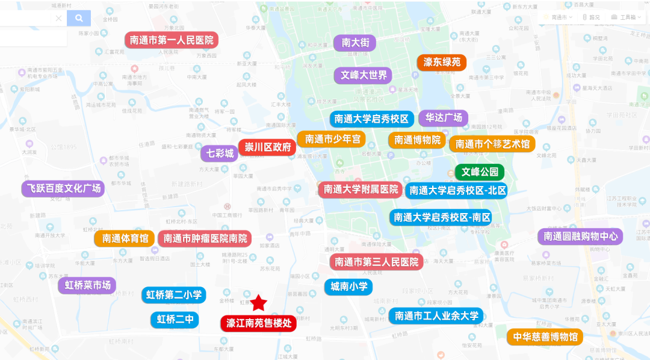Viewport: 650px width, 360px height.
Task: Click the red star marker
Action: tap(259, 302)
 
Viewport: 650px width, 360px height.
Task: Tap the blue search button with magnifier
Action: tap(79, 19)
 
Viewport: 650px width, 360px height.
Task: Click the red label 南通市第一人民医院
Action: tap(172, 40)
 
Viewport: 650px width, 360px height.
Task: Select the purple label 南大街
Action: tap(354, 43)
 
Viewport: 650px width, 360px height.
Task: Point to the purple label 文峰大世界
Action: tap(364, 75)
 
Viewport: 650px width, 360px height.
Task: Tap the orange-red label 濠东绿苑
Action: tap(442, 63)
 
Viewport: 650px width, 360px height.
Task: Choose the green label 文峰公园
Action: tap(480, 172)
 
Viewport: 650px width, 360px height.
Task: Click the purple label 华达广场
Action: tap(444, 118)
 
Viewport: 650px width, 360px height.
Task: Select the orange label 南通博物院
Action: tap(418, 140)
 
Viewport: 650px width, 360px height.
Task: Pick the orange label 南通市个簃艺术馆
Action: tap(492, 144)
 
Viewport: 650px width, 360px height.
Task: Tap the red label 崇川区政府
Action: tap(265, 147)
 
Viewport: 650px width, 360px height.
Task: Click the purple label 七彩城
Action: tap(220, 154)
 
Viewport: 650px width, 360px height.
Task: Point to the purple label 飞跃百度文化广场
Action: tap(63, 188)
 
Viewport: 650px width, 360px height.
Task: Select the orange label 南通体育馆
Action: tap(125, 238)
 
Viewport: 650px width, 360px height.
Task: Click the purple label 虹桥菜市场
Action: tap(87, 285)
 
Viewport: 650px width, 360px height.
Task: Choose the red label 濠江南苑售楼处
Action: tap(258, 323)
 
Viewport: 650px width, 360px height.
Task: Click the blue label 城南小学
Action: tap(348, 287)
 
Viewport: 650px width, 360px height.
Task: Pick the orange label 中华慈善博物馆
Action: tap(545, 337)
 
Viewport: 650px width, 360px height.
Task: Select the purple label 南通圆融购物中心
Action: tap(580, 237)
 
